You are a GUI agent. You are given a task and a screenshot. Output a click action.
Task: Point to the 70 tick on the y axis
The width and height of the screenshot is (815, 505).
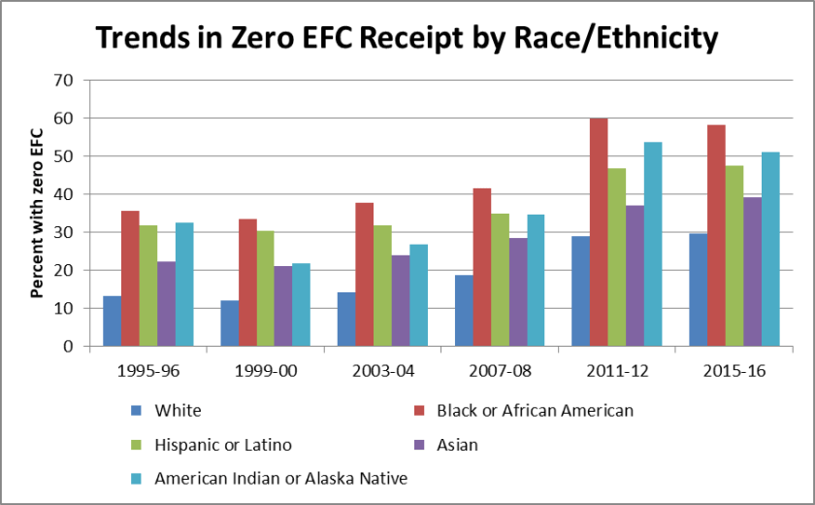coord(64,81)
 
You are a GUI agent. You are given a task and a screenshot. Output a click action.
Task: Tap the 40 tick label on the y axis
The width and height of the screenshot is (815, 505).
coord(64,194)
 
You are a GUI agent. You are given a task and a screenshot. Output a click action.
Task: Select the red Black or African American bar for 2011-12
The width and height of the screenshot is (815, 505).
coord(599,232)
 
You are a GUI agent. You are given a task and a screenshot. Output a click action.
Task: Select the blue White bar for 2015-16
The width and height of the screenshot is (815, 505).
coord(698,289)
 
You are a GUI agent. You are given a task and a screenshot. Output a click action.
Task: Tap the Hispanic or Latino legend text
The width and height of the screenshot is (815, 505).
coord(222,445)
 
